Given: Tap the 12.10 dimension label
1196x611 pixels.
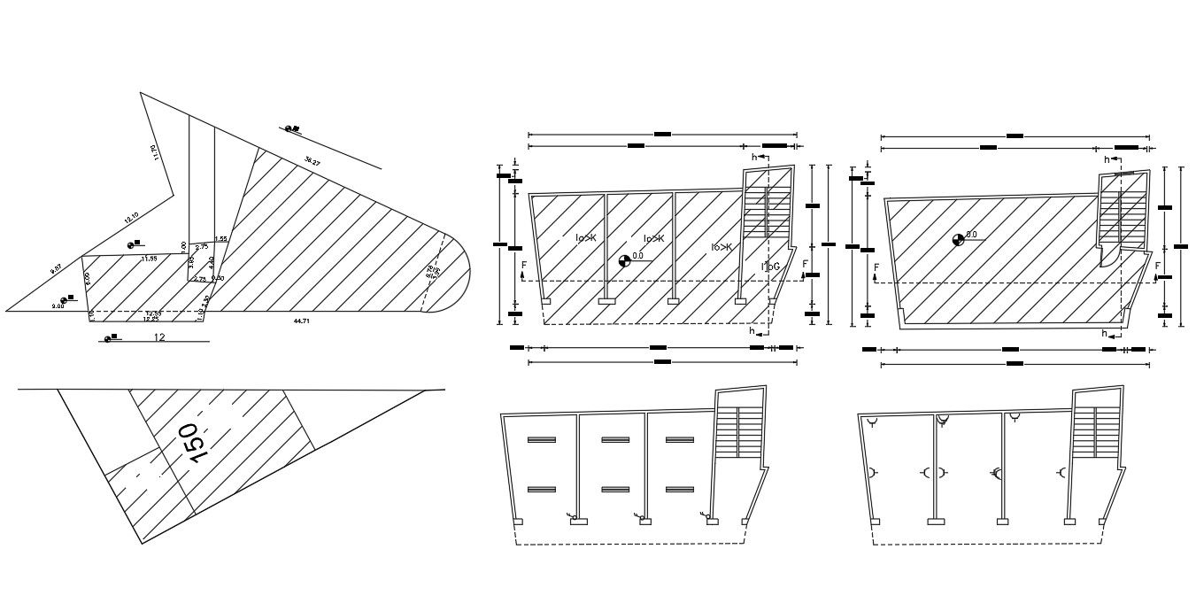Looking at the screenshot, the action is coord(132,218).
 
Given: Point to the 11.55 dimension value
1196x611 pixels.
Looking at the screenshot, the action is coord(149,259).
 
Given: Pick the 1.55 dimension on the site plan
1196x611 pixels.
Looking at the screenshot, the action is coord(221,239).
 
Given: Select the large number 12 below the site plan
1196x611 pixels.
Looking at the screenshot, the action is coord(160,337).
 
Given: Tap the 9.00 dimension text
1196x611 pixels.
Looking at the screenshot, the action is coord(58,305).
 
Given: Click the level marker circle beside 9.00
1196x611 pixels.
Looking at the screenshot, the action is coord(64,300).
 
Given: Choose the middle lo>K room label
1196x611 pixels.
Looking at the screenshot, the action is coord(654,238).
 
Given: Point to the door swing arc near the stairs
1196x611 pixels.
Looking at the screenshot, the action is coord(1107,257).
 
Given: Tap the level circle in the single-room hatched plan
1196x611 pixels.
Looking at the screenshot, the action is coord(957,239).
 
